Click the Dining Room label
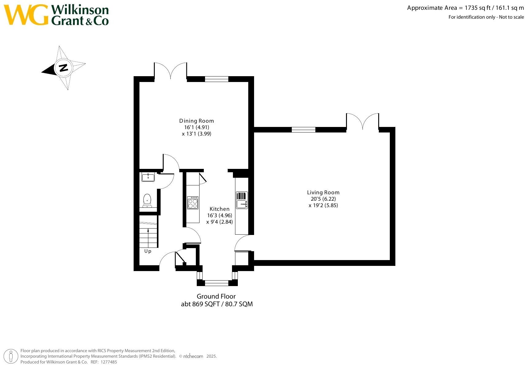(x=196, y=121)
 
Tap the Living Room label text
(x=323, y=192)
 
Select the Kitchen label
(x=219, y=209)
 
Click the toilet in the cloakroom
(x=147, y=200)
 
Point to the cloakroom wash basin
(x=148, y=177)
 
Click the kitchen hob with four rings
(x=193, y=203)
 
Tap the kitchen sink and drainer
(x=242, y=200)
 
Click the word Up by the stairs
(x=148, y=251)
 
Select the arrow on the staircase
(x=148, y=238)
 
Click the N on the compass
(x=63, y=68)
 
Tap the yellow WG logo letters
(x=26, y=15)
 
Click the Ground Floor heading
(x=216, y=296)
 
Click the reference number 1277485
(x=109, y=362)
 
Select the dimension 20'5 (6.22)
(x=323, y=199)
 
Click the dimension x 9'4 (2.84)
(x=219, y=222)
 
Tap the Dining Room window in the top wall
(x=217, y=79)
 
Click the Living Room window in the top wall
(x=303, y=130)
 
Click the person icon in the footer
(x=10, y=356)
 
